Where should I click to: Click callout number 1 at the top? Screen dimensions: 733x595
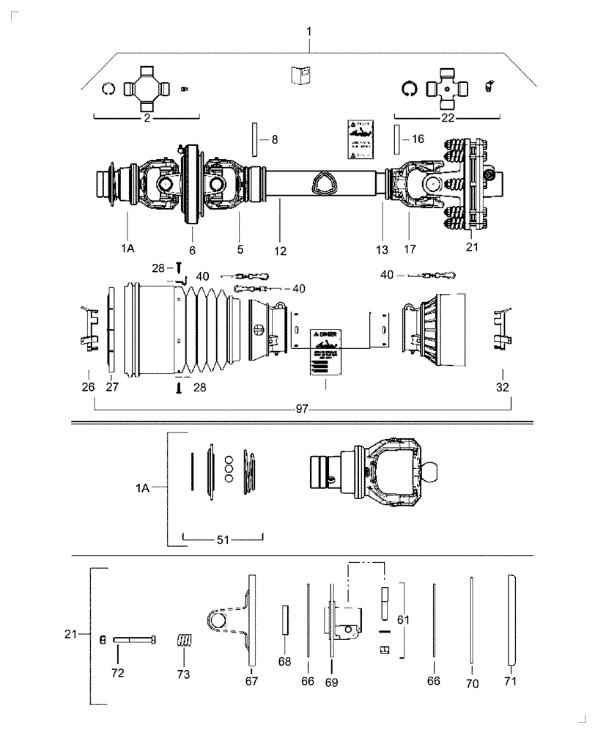tap(309, 32)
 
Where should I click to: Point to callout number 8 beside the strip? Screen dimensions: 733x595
tap(275, 139)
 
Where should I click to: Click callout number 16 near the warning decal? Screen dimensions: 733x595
tap(417, 138)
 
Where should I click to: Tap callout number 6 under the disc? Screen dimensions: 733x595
tap(193, 250)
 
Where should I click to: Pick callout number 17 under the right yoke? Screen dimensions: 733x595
tap(410, 249)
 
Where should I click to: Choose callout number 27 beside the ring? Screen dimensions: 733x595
tap(111, 386)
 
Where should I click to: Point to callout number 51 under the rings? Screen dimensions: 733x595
tap(223, 539)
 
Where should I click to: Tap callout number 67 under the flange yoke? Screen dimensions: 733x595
tap(251, 681)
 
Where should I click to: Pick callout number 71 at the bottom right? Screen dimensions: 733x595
tap(510, 681)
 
